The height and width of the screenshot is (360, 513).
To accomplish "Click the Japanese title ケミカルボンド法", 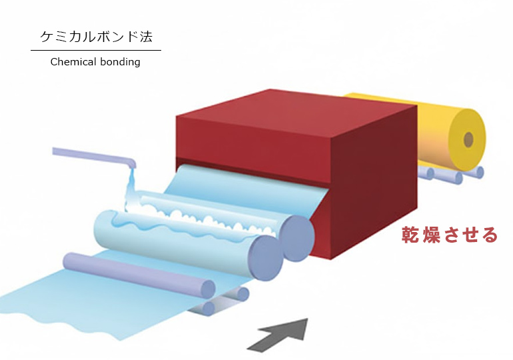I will point(95,37).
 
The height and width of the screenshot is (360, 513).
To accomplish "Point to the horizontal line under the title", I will point(95,50).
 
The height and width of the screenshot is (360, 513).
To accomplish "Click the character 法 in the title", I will point(153,37).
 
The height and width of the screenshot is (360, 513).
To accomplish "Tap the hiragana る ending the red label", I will point(489,235).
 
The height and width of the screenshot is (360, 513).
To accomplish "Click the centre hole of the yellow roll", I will point(468,139).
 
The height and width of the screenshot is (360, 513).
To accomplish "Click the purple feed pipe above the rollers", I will point(93,156).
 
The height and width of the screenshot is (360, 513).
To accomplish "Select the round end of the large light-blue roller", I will point(264,254).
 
